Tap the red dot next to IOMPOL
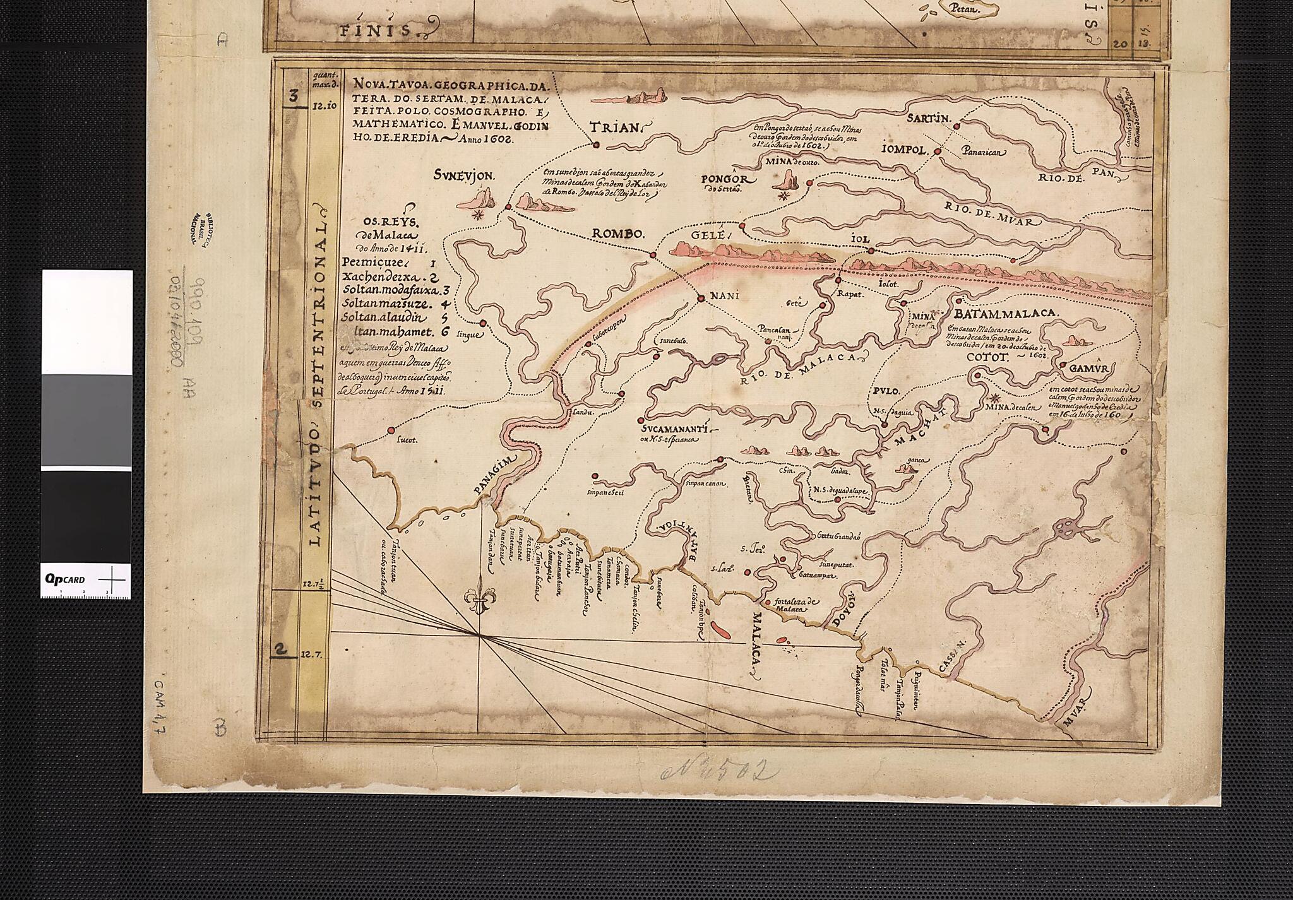[x=938, y=151]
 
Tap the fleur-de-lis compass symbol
[x=479, y=597]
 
